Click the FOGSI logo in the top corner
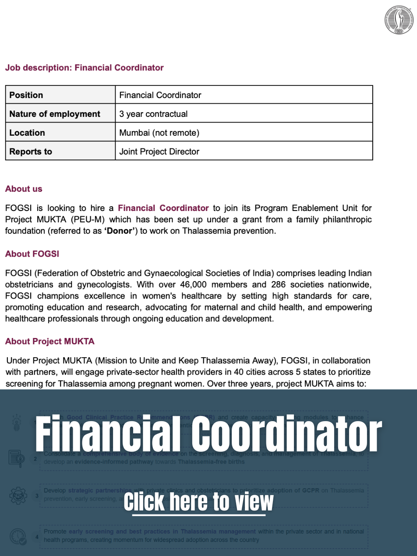(x=399, y=20)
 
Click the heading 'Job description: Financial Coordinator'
(x=84, y=68)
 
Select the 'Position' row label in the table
(x=26, y=95)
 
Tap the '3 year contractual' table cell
(x=153, y=114)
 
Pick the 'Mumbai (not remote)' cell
(x=159, y=133)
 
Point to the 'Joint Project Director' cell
(x=159, y=151)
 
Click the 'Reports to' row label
(x=31, y=151)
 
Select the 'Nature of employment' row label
(x=55, y=114)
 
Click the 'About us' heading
(x=24, y=189)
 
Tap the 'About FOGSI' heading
(x=32, y=254)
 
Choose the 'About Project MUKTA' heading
(x=49, y=341)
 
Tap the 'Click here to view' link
(x=198, y=502)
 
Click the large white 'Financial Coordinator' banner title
(x=208, y=433)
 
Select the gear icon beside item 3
(x=18, y=496)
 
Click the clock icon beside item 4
(x=18, y=537)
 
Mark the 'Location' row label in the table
(x=27, y=133)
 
